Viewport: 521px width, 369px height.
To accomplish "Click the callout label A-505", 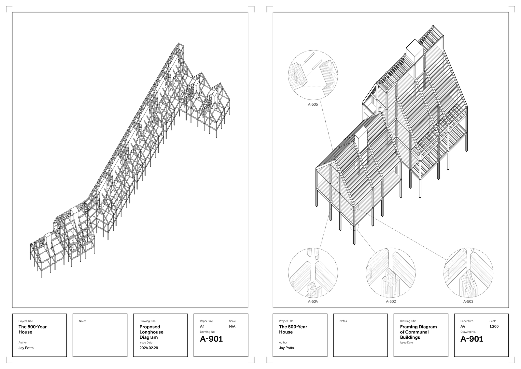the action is coord(313,104).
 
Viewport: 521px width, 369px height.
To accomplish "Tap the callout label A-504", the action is coord(313,301).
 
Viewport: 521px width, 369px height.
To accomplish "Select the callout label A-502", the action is coord(391,301).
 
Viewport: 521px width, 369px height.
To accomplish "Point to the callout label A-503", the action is coord(468,301).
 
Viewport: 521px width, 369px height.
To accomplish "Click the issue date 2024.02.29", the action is coord(148,348).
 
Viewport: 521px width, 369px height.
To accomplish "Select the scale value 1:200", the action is coord(494,326).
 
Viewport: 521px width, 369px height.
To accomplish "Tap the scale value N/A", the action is coord(232,326).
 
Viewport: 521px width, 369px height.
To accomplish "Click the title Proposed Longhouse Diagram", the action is coord(151,332).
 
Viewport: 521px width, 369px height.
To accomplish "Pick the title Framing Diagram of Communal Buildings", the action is coord(418,332).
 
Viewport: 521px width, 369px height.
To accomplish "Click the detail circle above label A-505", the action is coord(289,75).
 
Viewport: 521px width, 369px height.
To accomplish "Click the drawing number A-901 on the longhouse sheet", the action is coord(211,339).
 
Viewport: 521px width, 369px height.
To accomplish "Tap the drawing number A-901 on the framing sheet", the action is coord(472,339).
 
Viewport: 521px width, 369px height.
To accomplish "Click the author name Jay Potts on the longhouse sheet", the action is coord(26,348).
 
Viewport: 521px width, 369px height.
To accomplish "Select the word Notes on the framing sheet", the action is coord(343,321).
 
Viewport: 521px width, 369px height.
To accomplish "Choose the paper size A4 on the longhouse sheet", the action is coord(202,326).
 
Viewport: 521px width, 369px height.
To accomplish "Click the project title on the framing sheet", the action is coord(293,330).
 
